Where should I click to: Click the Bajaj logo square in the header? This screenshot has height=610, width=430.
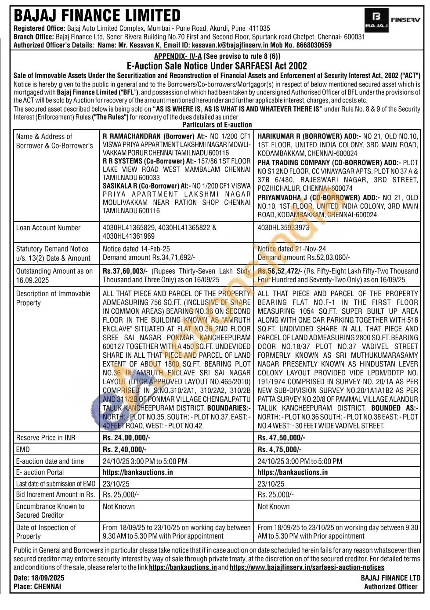click(x=376, y=20)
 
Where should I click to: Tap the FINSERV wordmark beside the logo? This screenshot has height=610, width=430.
click(x=405, y=20)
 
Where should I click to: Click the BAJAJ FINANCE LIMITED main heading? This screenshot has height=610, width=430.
click(x=97, y=16)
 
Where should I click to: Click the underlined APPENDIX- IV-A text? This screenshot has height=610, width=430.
click(x=178, y=56)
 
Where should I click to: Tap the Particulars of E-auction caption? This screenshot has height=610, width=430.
click(x=217, y=124)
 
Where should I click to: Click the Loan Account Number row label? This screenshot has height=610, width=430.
click(x=48, y=228)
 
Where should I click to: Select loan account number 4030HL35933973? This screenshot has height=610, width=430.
click(x=283, y=228)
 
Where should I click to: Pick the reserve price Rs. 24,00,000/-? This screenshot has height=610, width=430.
click(x=126, y=437)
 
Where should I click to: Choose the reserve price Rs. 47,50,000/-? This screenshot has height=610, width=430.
click(x=281, y=437)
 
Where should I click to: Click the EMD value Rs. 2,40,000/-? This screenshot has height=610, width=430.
click(x=125, y=449)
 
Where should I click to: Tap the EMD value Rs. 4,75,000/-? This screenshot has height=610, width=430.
click(x=279, y=449)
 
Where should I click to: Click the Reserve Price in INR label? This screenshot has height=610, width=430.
click(x=46, y=437)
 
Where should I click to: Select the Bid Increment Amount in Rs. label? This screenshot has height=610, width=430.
click(x=55, y=494)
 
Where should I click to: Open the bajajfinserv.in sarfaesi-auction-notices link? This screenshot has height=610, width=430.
click(x=307, y=567)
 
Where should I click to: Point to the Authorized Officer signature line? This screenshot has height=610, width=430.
click(x=390, y=587)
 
